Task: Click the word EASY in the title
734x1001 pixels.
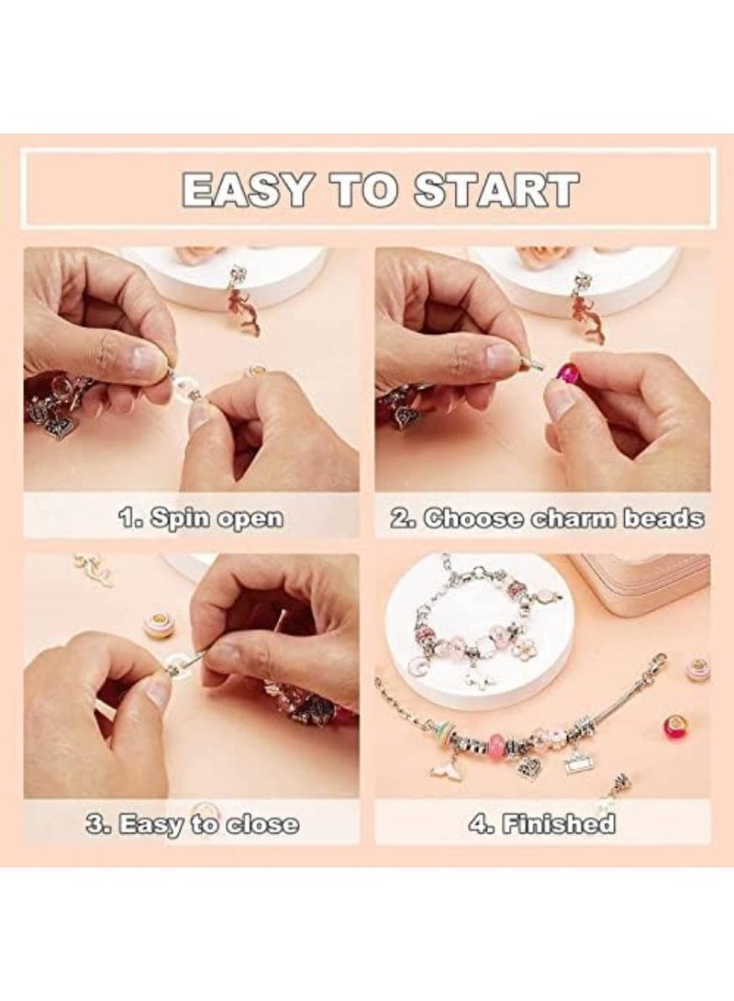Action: pos(240,189)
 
